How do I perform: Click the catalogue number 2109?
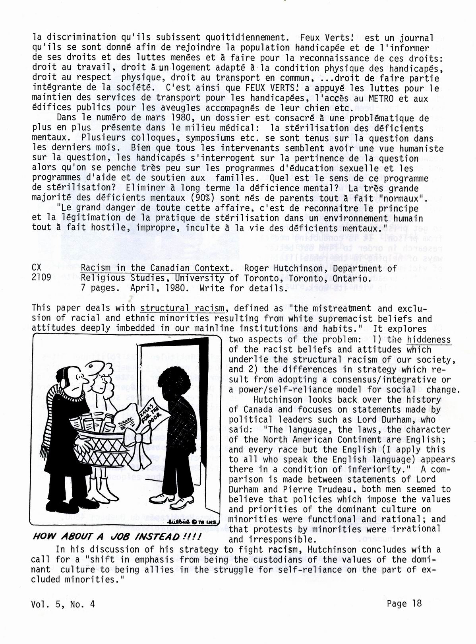(41, 278)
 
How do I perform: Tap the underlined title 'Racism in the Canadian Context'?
(156, 268)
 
